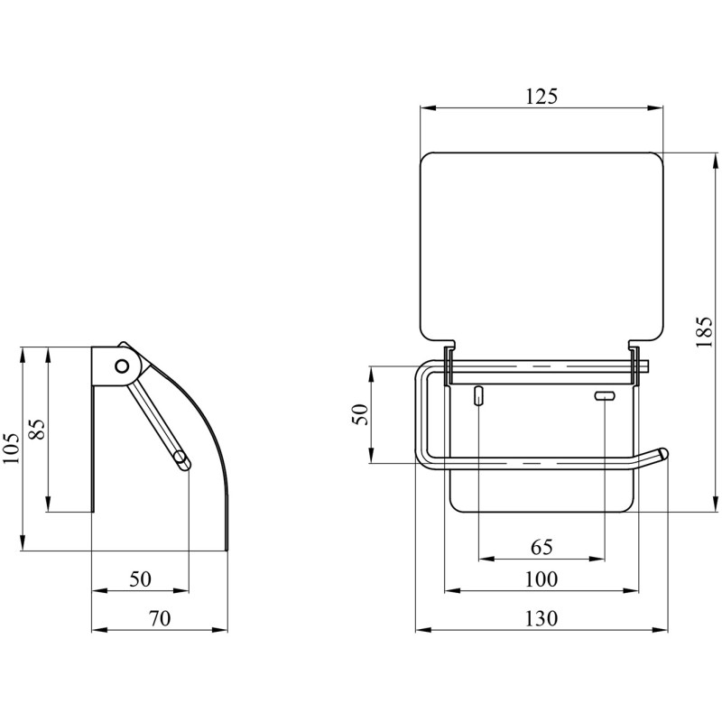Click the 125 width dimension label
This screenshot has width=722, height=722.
point(541,96)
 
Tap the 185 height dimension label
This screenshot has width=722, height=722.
point(704,332)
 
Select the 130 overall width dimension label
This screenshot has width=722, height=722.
point(541,618)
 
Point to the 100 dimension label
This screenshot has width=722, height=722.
point(541,579)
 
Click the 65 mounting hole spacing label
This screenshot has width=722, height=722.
point(541,547)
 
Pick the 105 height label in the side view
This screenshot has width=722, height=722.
point(13,449)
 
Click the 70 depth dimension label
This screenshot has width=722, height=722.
point(160,618)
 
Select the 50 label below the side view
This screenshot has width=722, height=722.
point(140,579)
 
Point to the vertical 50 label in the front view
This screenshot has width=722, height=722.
point(360,414)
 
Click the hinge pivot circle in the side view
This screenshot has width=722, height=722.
point(122,366)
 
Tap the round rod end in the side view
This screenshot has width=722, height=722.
point(181,459)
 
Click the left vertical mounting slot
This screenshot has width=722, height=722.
point(479,395)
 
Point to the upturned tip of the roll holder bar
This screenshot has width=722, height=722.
point(662,453)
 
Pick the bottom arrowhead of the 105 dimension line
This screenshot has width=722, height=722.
point(22,543)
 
